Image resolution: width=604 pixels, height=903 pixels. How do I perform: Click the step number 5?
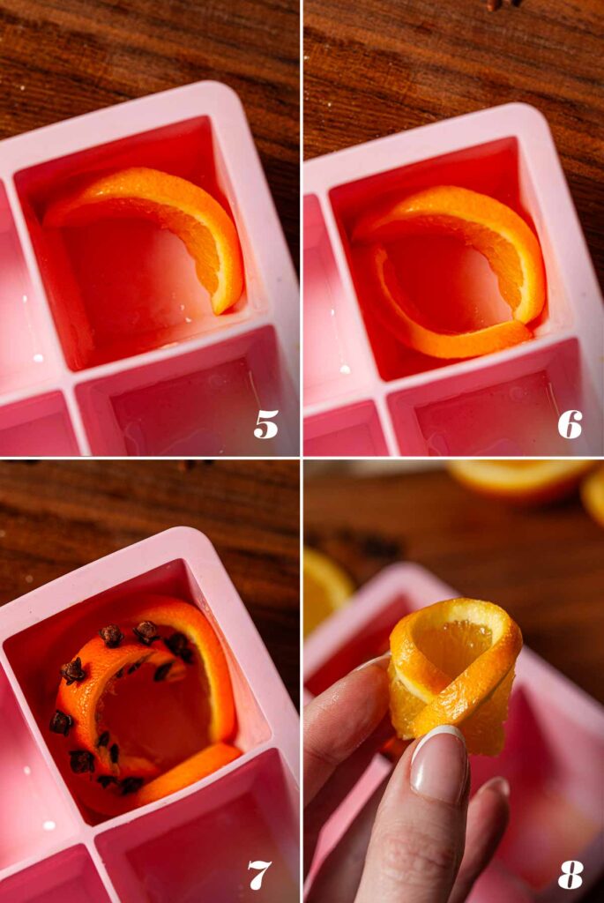[265, 424]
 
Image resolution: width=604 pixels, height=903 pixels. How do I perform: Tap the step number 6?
[570, 424]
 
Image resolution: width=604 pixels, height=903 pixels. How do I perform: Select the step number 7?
[259, 875]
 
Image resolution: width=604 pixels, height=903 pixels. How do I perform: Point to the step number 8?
[570, 875]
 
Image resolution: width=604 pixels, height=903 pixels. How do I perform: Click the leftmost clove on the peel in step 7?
[61, 723]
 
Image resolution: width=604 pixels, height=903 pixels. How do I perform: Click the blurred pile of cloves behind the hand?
[370, 547]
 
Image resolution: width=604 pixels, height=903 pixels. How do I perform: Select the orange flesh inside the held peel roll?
[454, 644]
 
